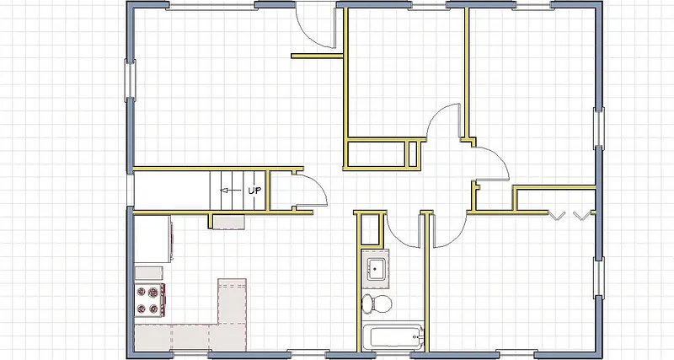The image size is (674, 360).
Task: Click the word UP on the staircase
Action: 254,191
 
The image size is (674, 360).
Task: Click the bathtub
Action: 392,337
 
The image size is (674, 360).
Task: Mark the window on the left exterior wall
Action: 130,80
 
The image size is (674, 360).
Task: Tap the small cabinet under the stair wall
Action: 227,222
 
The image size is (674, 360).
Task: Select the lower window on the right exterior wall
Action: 598,278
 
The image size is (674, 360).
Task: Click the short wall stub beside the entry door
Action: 316,57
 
